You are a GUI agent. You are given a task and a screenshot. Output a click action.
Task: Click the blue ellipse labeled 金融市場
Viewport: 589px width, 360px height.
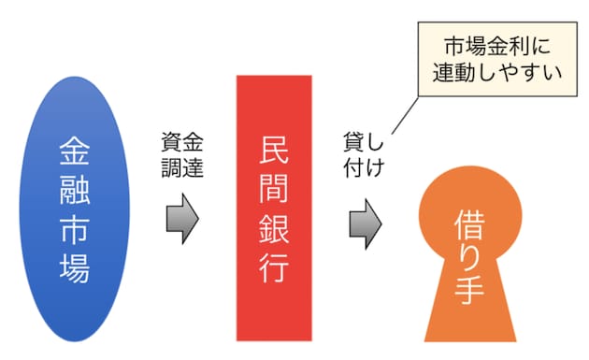[x=75, y=209]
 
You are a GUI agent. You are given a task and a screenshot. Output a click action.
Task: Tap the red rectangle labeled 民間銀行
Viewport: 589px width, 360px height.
[x=274, y=209]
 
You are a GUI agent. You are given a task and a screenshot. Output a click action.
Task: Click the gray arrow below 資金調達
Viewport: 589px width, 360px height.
[x=182, y=219]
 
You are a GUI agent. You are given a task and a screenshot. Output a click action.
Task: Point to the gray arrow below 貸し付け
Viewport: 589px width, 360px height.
[x=366, y=224]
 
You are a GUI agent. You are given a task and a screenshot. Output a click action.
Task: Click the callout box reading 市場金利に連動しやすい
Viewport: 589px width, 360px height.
[x=497, y=59]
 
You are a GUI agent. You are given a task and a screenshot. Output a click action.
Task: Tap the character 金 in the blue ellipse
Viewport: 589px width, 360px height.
[x=75, y=151]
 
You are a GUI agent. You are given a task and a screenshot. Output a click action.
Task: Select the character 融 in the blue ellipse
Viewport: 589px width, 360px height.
[x=75, y=190]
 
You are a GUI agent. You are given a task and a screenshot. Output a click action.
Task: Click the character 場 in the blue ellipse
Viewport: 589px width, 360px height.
[x=75, y=268]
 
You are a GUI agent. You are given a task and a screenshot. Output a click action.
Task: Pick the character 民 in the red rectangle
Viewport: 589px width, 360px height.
[x=274, y=150]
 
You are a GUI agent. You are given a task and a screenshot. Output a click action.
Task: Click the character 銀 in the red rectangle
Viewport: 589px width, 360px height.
[x=274, y=228]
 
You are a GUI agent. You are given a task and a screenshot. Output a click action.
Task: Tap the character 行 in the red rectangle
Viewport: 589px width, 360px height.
[x=274, y=268]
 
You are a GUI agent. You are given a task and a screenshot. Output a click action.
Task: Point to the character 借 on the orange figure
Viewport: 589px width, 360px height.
[x=469, y=224]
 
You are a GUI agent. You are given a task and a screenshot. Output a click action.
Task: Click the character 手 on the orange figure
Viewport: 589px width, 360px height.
[x=469, y=289]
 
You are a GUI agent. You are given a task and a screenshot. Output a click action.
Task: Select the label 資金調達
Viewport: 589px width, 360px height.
[x=182, y=155]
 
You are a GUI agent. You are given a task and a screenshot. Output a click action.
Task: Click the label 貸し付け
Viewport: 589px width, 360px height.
[x=364, y=155]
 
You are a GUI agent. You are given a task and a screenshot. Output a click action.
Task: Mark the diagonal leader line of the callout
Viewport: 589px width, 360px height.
[x=406, y=115]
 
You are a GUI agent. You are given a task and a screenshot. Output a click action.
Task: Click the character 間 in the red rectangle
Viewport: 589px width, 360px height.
[x=274, y=189]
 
